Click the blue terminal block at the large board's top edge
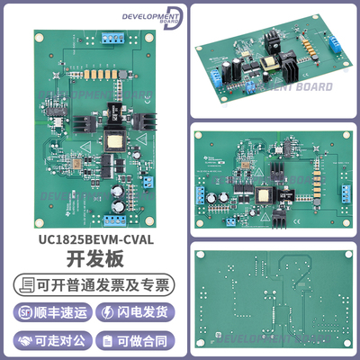pyautogui.click(x=115, y=39)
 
